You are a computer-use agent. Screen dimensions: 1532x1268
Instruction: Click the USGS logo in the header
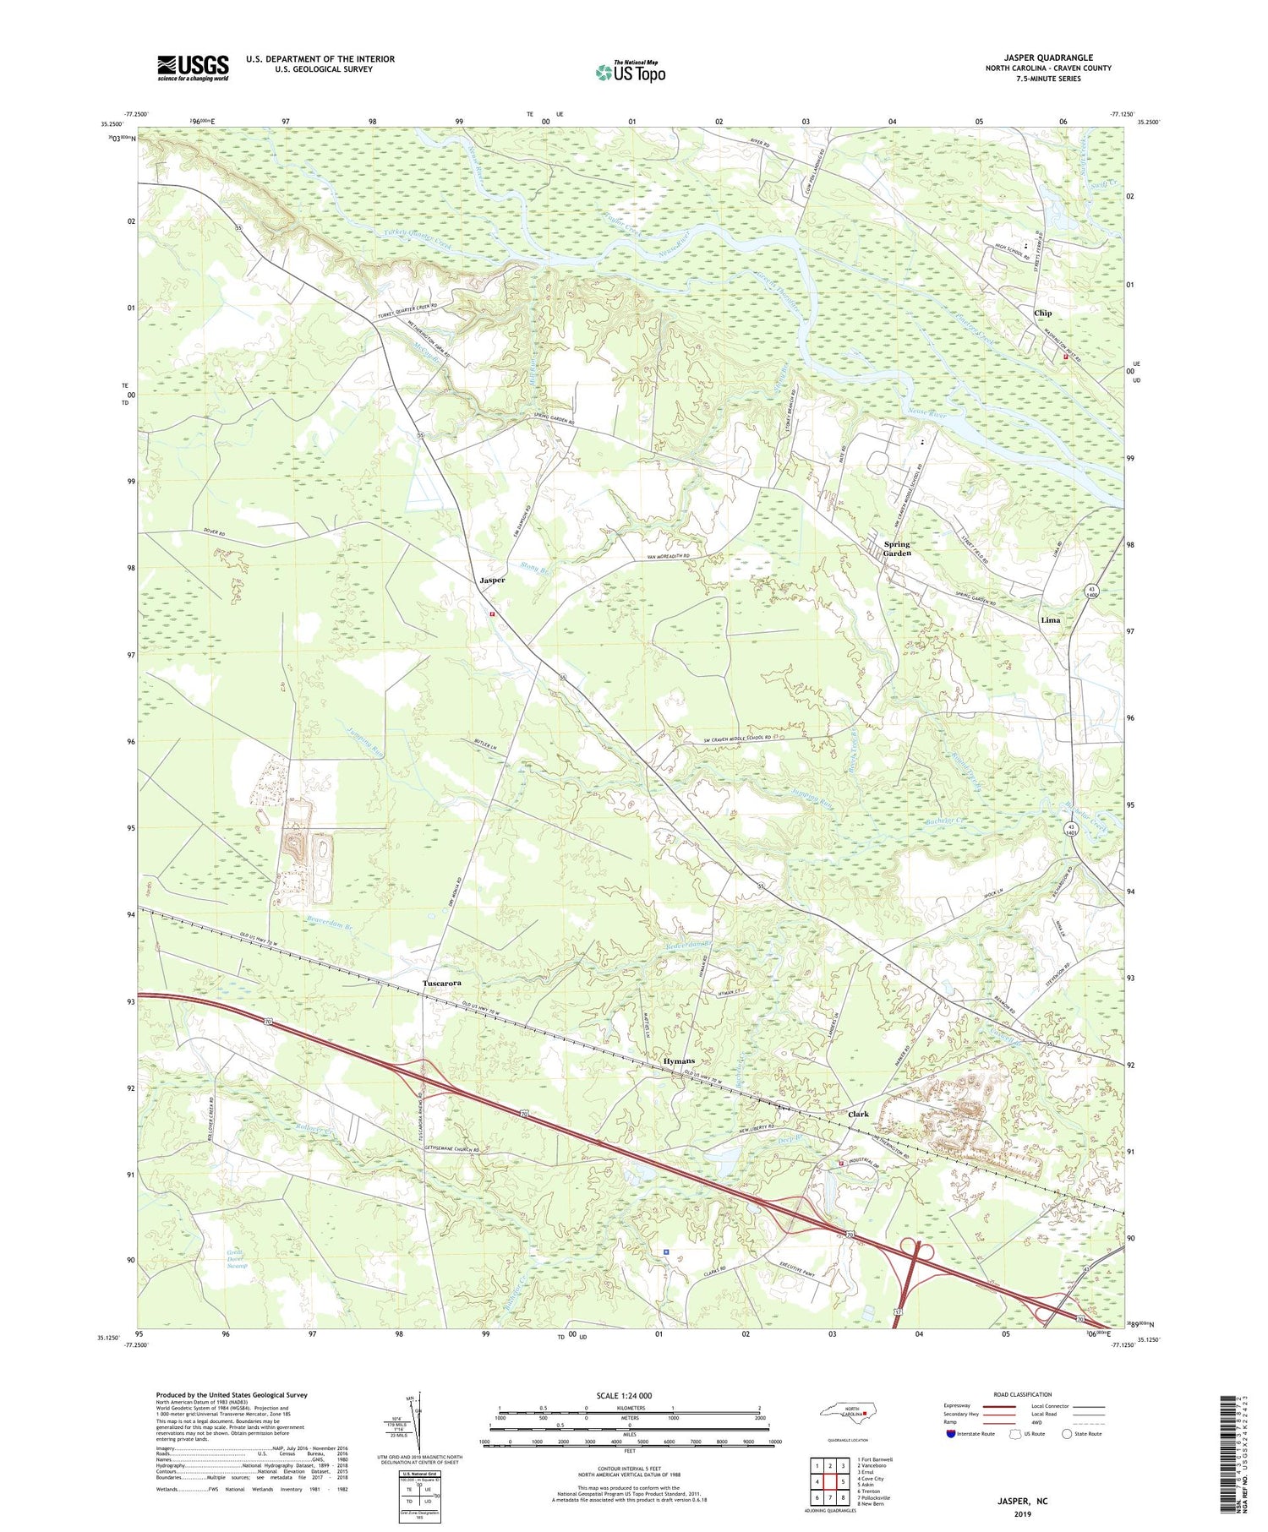(193, 68)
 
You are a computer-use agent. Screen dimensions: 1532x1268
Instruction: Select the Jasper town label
(492, 581)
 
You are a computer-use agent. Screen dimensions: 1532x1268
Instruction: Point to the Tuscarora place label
(443, 984)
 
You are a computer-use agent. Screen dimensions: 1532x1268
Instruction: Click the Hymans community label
(679, 1060)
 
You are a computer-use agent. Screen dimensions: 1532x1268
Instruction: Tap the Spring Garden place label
(897, 548)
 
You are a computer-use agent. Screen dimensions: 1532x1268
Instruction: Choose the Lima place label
(1050, 619)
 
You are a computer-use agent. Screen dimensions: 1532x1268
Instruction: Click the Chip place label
(1042, 313)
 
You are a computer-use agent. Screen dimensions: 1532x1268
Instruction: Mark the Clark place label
(858, 1114)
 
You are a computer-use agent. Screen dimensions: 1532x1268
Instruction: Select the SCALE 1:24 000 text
(628, 1395)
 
